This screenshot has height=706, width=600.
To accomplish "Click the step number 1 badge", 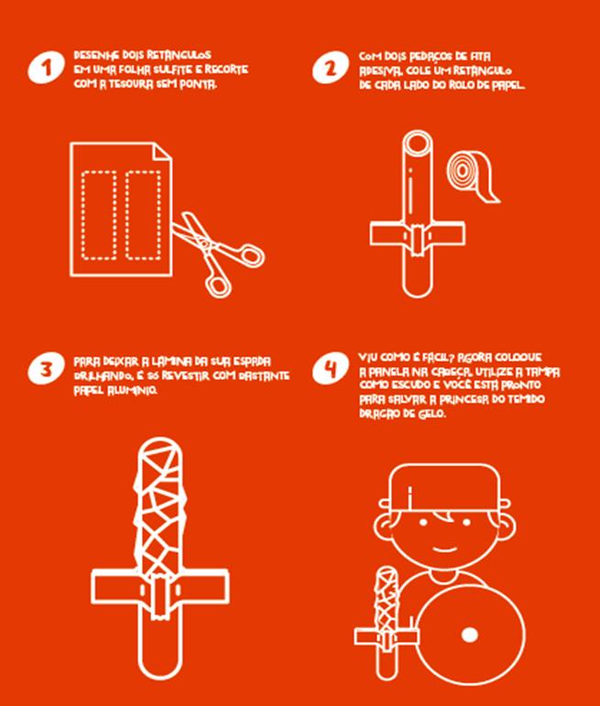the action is tap(47, 67).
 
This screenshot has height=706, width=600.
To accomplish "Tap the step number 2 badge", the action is tap(331, 68).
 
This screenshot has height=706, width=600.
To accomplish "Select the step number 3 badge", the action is tap(47, 369).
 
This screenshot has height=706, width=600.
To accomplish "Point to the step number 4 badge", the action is tap(331, 368).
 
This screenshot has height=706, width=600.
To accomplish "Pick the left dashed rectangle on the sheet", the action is tap(99, 215).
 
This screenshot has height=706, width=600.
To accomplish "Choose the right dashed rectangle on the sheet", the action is tap(143, 215).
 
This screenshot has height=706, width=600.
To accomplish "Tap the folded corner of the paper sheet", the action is tap(163, 152).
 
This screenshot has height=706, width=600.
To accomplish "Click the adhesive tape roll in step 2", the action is tap(472, 176).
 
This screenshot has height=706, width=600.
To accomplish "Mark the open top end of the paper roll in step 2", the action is tap(418, 144).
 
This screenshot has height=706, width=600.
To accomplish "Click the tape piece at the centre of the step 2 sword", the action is tap(418, 240).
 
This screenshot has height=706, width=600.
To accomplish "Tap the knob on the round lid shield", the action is tap(470, 635).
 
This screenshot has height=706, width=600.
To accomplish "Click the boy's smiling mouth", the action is tap(444, 549).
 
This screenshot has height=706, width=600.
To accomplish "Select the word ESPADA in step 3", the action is tap(252, 362).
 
